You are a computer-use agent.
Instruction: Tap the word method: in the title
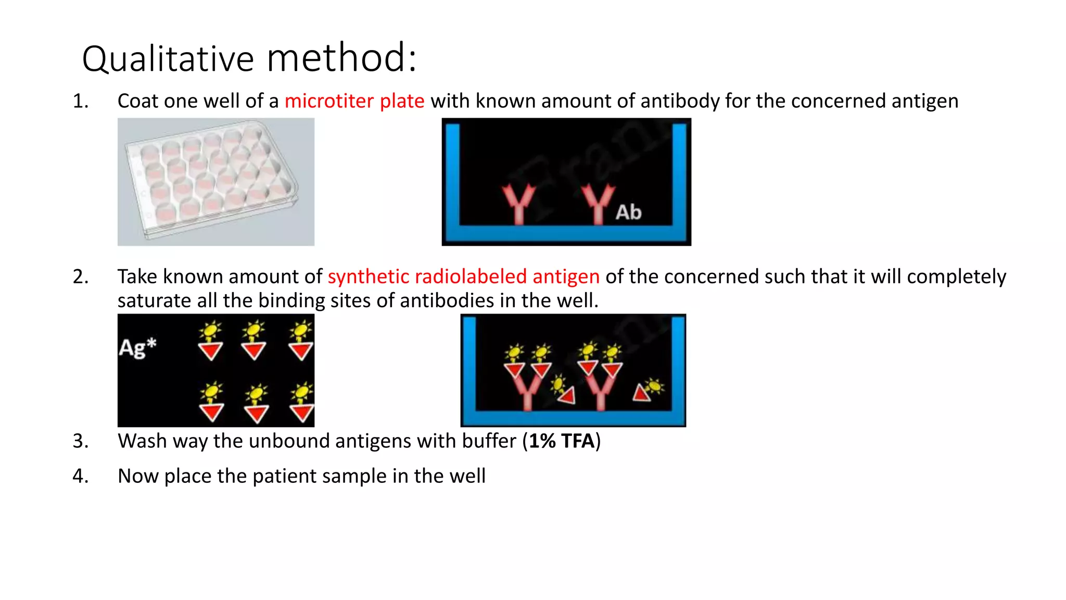point(341,57)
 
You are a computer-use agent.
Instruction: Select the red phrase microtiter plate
point(354,101)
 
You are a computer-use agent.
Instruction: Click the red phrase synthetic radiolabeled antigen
point(463,277)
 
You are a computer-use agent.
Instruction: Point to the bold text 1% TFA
point(562,441)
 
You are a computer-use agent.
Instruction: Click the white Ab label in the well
point(628,213)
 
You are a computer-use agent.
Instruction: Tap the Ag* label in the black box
point(137,347)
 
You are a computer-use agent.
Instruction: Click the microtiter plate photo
point(215,182)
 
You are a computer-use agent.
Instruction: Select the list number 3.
point(80,441)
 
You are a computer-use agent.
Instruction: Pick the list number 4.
point(80,476)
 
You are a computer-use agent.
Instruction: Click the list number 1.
point(80,101)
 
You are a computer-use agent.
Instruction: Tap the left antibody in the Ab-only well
point(518,203)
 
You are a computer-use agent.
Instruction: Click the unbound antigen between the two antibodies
point(564,391)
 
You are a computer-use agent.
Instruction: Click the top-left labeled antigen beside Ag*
point(210,342)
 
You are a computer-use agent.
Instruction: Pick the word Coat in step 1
point(137,101)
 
